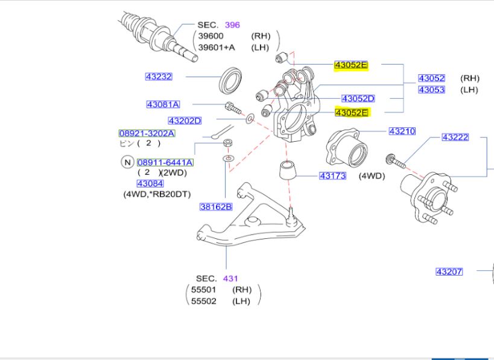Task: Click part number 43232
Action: [159, 77]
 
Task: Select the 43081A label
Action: [163, 104]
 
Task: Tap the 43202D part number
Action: [185, 121]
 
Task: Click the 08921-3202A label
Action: [147, 133]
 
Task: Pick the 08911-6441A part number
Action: [165, 162]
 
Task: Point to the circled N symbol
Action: [127, 162]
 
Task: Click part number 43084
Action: [150, 183]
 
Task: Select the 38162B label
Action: [216, 207]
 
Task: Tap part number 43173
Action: [332, 176]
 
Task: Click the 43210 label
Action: [402, 131]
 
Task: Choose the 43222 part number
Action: [455, 137]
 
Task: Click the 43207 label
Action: [449, 271]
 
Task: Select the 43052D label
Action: [358, 98]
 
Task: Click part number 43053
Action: [431, 90]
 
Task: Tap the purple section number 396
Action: [232, 25]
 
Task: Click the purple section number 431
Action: [230, 279]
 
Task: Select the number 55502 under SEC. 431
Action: [204, 301]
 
